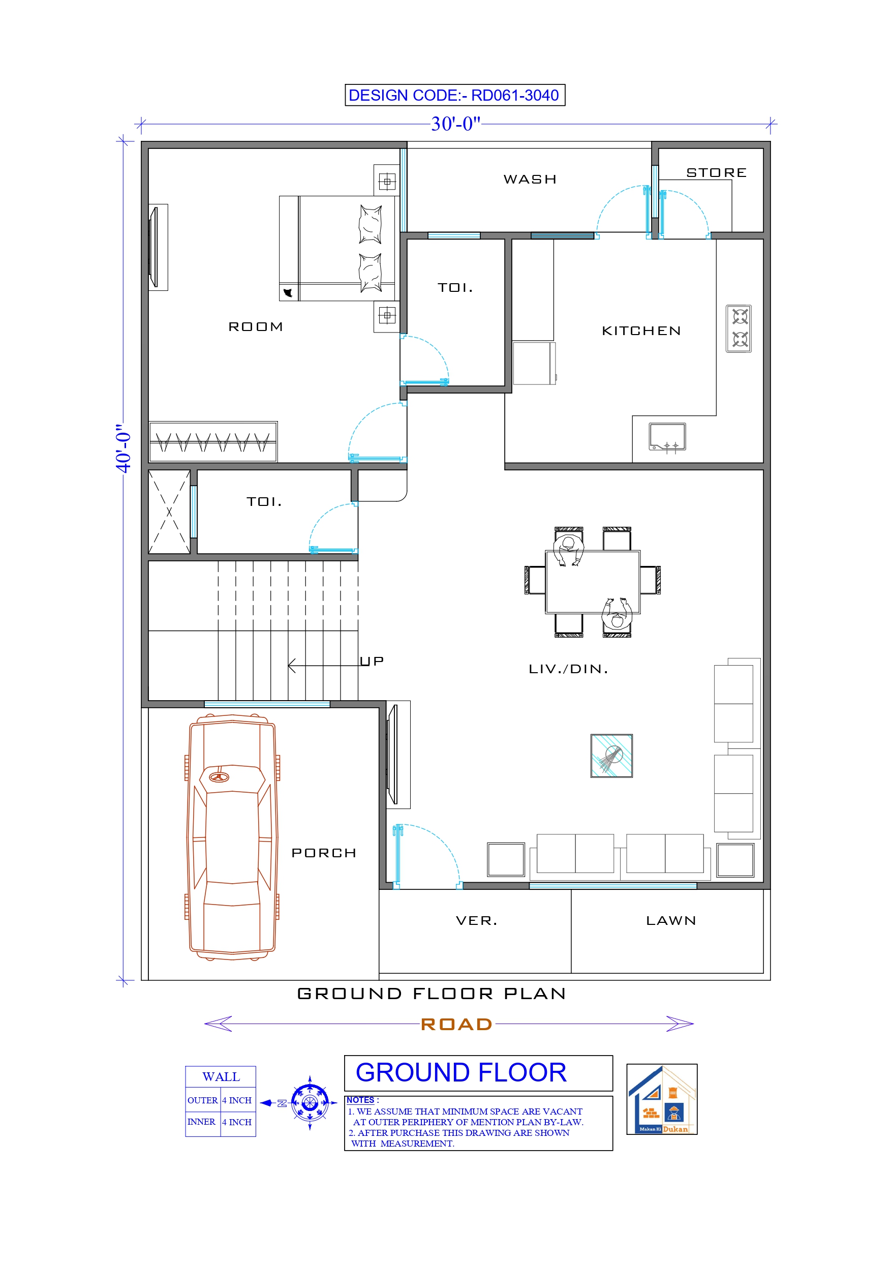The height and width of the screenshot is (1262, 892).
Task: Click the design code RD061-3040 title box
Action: [454, 95]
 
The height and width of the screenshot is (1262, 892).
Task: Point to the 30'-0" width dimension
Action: [455, 124]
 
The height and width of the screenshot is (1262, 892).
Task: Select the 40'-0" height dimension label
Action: [124, 448]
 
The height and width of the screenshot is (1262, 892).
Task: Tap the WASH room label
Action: [530, 179]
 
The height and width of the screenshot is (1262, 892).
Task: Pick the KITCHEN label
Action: [641, 331]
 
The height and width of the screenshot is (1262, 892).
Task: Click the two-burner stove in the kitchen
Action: [739, 328]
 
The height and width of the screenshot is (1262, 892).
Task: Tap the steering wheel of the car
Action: [219, 776]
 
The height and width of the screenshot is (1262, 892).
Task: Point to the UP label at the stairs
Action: [372, 661]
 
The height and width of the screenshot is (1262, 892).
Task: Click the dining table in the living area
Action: [593, 582]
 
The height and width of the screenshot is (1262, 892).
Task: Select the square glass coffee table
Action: [611, 756]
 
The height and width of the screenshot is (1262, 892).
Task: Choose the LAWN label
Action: [670, 921]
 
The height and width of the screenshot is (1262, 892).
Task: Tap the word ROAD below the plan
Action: [456, 1025]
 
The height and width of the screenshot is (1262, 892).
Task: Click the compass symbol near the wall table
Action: [310, 1103]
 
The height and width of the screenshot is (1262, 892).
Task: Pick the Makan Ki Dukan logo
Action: [662, 1099]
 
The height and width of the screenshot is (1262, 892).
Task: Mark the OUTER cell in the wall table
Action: [202, 1100]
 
